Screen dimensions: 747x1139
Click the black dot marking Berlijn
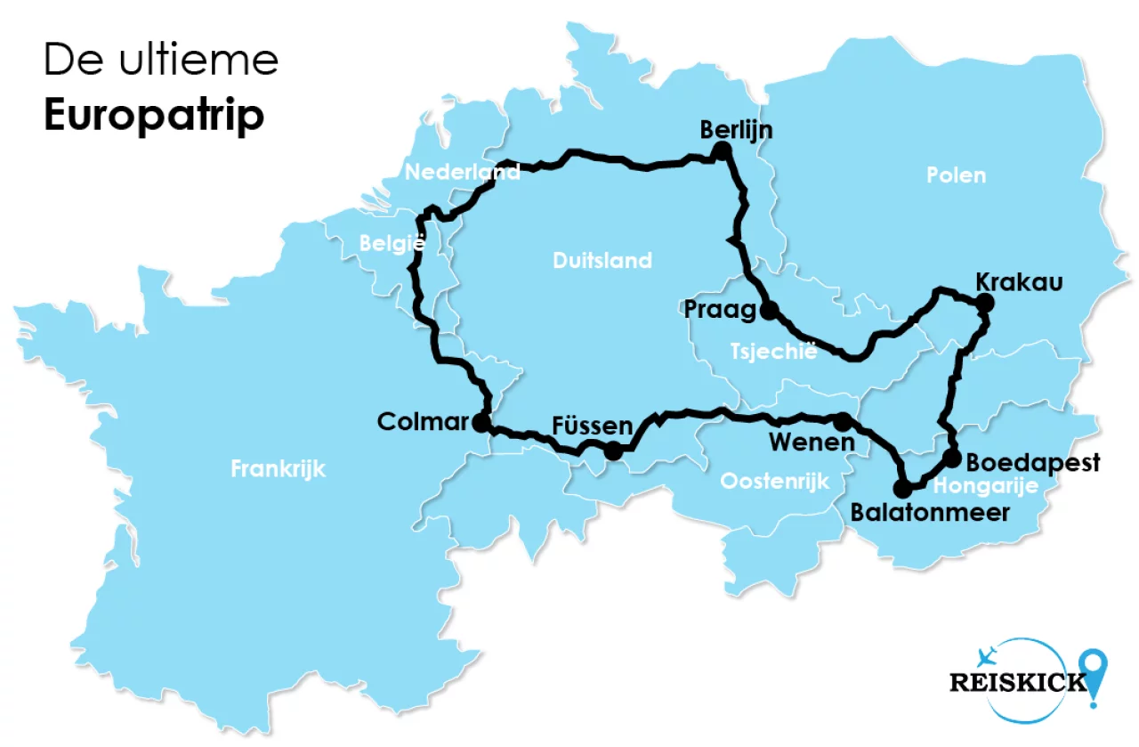[x=723, y=151]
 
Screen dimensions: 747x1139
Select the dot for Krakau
[x=983, y=303]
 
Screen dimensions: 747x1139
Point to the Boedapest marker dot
[x=952, y=459]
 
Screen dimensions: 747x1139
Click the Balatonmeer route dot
[x=903, y=489]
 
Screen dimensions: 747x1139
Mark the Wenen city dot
[x=842, y=420]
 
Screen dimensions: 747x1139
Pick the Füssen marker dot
[x=613, y=451]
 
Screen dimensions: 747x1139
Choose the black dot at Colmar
[x=481, y=423]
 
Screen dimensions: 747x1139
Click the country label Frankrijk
[x=279, y=468]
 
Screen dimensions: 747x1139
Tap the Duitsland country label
[x=602, y=261]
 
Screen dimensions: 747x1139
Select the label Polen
[x=957, y=175]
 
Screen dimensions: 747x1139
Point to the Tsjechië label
[x=773, y=351]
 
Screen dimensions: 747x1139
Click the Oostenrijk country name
[x=774, y=482]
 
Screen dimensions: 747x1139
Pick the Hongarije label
[x=986, y=486]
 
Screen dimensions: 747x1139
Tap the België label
[x=392, y=243]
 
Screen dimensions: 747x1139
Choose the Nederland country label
[x=462, y=172]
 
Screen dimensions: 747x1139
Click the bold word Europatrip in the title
[x=154, y=116]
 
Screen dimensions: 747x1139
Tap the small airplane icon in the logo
[x=985, y=657]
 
